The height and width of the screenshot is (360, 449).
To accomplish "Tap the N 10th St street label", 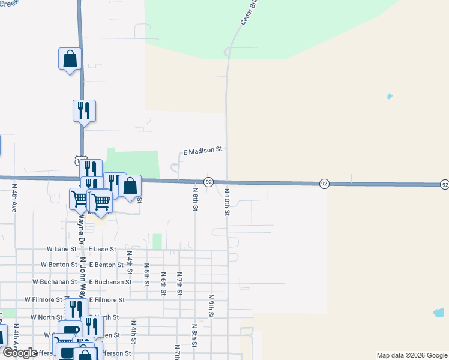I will pyautogui.click(x=227, y=202).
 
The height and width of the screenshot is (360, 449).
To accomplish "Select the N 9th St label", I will pyautogui.click(x=211, y=305).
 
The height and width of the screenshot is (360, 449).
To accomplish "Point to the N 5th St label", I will pyautogui.click(x=146, y=273).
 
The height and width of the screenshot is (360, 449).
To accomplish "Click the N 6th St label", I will pyautogui.click(x=163, y=283).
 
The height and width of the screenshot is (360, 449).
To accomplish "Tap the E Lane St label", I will pyautogui.click(x=103, y=248).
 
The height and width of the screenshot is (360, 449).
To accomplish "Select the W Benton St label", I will pyautogui.click(x=58, y=265).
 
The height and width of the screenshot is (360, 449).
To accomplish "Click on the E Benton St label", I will pyautogui.click(x=106, y=265).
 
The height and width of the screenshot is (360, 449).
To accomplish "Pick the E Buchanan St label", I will pyautogui.click(x=110, y=281).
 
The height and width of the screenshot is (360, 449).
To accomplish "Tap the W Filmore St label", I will pyautogui.click(x=43, y=299).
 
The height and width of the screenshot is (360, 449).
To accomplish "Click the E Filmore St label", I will pyautogui.click(x=107, y=299).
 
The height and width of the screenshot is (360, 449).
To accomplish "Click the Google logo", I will pyautogui.click(x=20, y=353).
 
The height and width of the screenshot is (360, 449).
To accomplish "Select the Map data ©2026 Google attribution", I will pyautogui.click(x=411, y=355).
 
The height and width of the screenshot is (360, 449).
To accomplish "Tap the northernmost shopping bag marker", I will pyautogui.click(x=70, y=59).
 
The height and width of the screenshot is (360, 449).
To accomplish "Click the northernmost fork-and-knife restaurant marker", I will pyautogui.click(x=84, y=110).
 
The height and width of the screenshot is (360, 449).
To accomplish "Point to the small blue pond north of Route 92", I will pyautogui.click(x=390, y=96).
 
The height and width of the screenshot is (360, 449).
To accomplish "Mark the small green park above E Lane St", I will pyautogui.click(x=157, y=241).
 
